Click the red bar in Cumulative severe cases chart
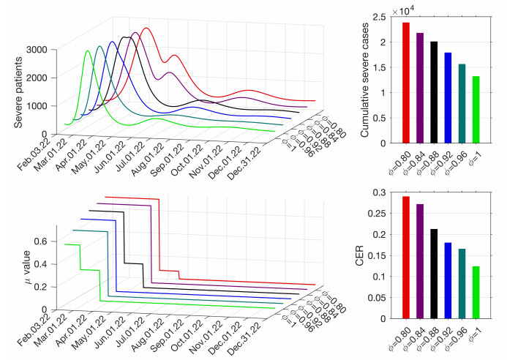click(405, 83)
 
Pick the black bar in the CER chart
click(434, 274)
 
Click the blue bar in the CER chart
click(448, 280)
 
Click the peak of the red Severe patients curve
click(147, 29)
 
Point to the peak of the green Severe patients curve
click(89, 50)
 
